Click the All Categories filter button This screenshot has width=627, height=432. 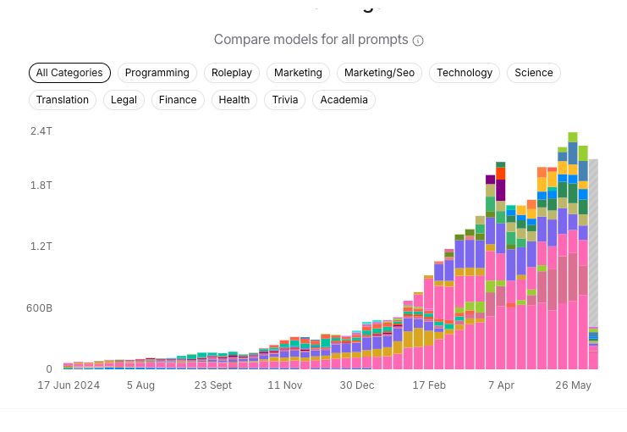[x=69, y=73]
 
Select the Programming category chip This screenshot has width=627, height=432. [x=157, y=73]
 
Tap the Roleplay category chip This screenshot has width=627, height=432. [x=232, y=73]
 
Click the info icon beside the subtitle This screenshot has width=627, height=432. [x=418, y=41]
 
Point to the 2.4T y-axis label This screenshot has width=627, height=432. [x=41, y=131]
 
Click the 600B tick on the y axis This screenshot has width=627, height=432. [x=39, y=308]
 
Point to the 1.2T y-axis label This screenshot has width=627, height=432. [x=41, y=246]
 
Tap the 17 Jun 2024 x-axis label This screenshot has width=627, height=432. [x=69, y=385]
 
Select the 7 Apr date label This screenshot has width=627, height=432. [x=501, y=385]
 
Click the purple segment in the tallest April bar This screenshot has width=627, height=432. [x=500, y=191]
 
